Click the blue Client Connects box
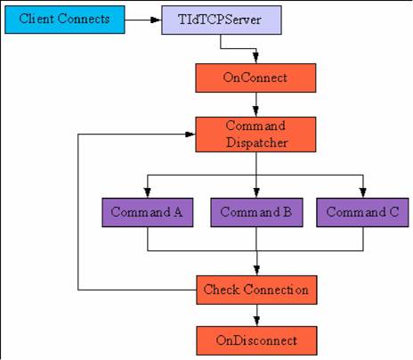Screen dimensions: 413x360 click(65, 20)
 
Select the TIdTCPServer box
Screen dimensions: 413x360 click(222, 20)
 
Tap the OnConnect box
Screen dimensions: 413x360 click(255, 78)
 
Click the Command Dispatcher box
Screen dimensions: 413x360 click(255, 135)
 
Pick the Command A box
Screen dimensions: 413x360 click(148, 212)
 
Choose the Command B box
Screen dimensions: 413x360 click(256, 212)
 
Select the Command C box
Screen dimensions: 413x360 click(362, 212)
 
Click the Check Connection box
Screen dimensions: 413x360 click(256, 290)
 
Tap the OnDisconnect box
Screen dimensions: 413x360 click(256, 340)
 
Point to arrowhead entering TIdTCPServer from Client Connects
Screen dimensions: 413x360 click(156, 20)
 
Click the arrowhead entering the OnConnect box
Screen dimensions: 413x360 click(255, 58)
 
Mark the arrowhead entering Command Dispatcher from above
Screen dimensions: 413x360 click(255, 111)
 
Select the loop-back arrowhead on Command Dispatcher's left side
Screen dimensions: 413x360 click(190, 135)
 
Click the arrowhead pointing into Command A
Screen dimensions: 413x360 click(148, 192)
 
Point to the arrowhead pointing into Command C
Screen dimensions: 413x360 click(363, 192)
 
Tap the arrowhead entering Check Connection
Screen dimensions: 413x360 click(257, 270)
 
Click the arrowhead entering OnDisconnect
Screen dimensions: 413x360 click(257, 321)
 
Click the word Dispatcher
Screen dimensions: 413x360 click(257, 143)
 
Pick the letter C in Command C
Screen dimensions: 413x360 click(394, 212)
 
